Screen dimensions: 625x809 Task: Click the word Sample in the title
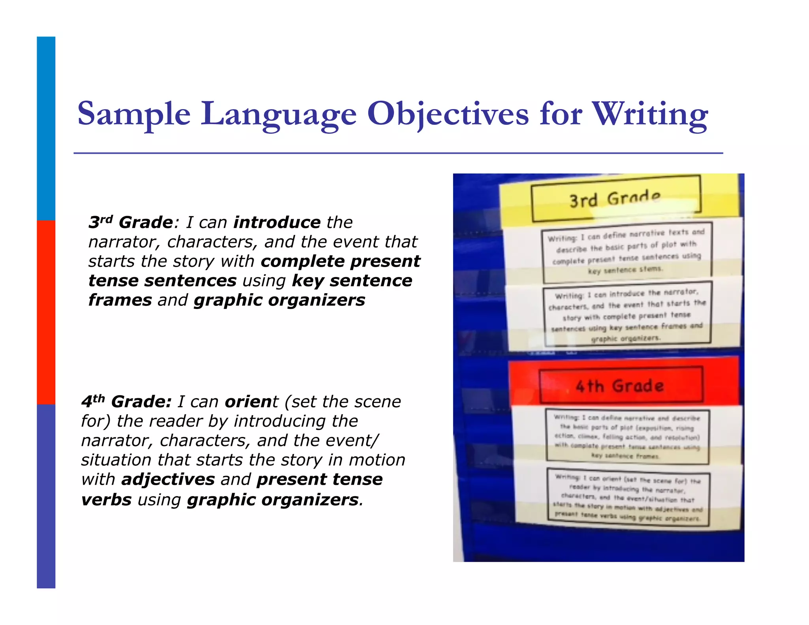coord(134,114)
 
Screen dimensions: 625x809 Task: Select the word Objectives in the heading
coord(448,114)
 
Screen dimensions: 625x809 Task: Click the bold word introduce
coord(277,222)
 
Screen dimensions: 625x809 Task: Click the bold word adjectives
coord(168,480)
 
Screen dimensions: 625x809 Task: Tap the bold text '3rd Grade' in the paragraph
coord(130,222)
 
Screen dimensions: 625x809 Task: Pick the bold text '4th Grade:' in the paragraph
coord(126,402)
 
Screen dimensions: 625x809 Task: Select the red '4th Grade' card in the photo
coord(620,385)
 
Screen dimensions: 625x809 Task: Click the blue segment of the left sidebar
coord(46,128)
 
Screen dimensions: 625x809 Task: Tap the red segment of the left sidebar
coord(46,312)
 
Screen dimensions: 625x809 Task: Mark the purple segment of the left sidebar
coord(46,496)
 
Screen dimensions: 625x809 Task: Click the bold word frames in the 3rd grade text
coord(120,300)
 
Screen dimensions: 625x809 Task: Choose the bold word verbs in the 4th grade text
coord(106,500)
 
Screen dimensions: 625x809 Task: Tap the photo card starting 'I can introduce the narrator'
coord(627,315)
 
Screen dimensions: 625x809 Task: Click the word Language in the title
coord(278,114)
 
